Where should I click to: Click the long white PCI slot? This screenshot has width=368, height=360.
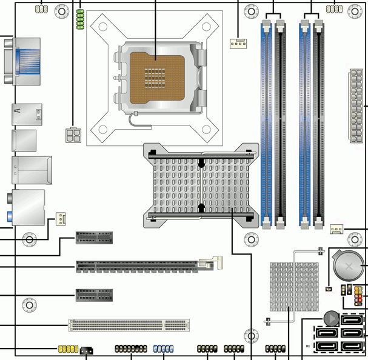point(129,325)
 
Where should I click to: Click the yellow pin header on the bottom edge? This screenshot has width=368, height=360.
point(67,350)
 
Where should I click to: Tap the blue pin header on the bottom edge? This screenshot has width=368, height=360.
point(164,349)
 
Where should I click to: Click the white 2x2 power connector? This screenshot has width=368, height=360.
point(72,135)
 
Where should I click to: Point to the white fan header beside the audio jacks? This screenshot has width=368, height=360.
point(61,218)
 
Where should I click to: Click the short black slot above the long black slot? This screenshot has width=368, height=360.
point(95,238)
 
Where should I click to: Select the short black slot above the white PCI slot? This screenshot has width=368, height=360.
point(95,295)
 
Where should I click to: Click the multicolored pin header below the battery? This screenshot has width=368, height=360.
point(355,295)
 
